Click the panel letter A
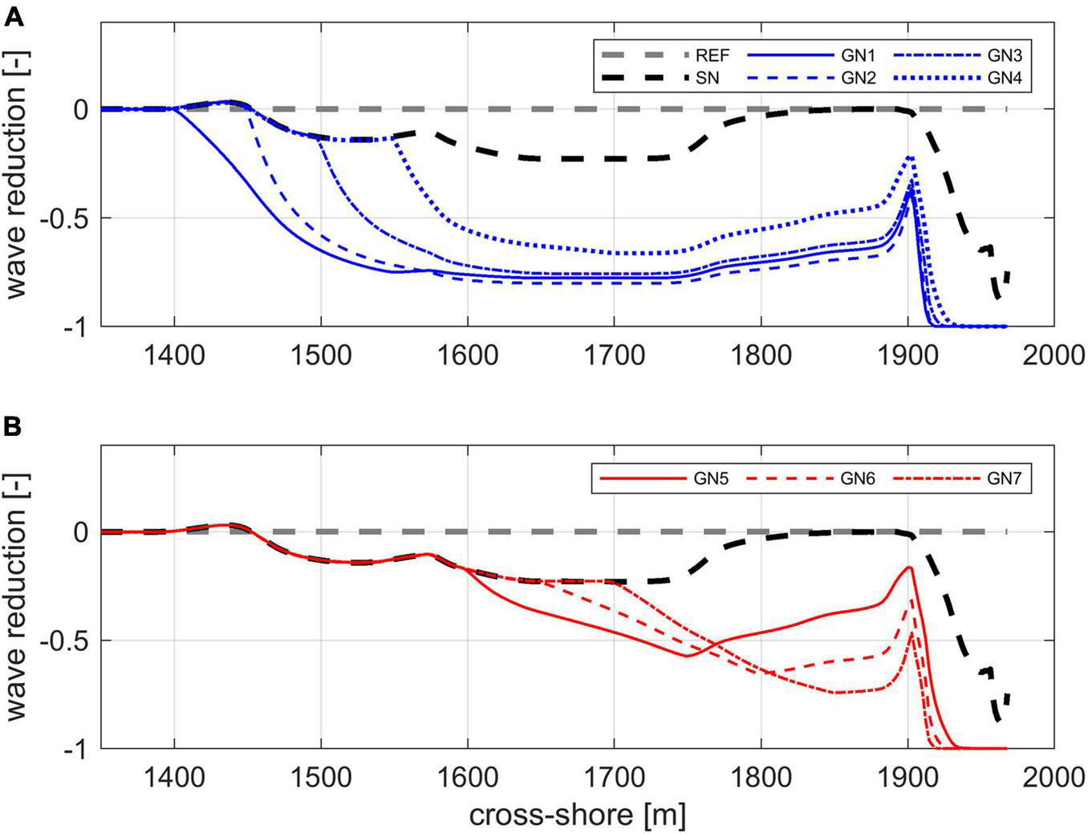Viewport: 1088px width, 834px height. pos(13,17)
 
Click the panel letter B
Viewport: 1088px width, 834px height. pos(13,428)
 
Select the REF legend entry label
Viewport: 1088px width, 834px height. pos(712,56)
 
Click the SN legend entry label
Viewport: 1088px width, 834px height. pos(706,79)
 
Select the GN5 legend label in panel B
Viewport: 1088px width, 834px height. pos(711,479)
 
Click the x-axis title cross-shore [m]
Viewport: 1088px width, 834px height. pos(577,816)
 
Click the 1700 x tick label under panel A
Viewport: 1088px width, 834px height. pos(614,354)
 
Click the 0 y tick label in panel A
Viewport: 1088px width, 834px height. pos(80,109)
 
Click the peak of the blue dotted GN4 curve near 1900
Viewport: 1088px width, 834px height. pos(910,157)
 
